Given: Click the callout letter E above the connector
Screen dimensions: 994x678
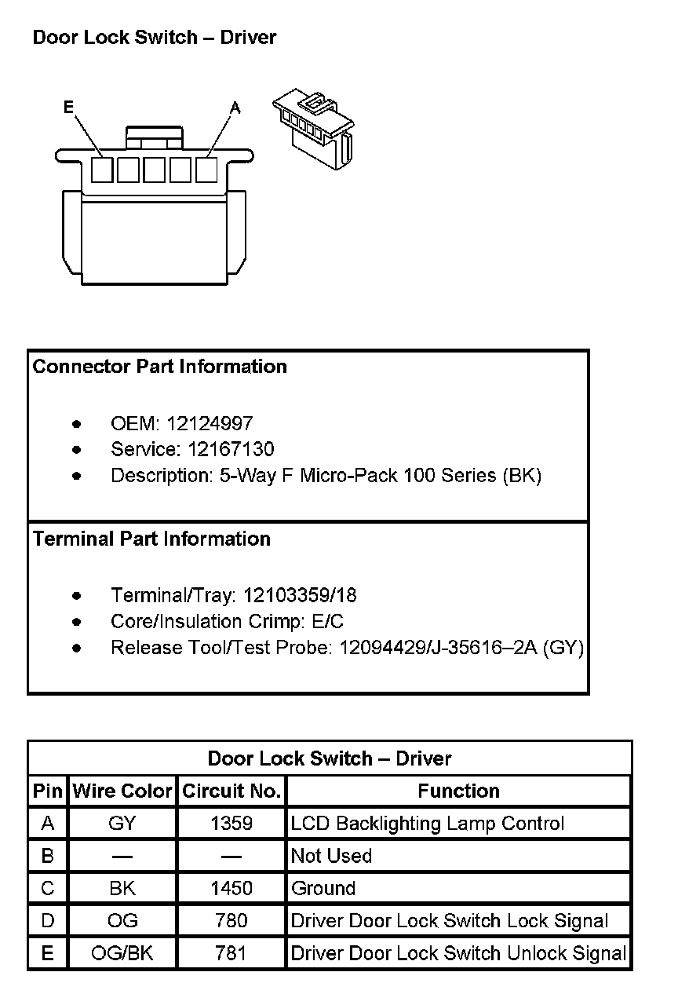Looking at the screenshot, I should click(x=69, y=108).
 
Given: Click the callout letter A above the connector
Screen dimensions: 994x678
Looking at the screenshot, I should click(x=235, y=108).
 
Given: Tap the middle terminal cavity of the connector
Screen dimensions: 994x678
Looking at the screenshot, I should click(x=155, y=170).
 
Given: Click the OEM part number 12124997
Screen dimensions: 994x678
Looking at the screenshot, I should click(x=210, y=424).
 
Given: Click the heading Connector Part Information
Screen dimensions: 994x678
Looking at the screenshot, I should click(x=160, y=367).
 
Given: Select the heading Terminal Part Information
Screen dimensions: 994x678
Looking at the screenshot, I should click(x=151, y=539).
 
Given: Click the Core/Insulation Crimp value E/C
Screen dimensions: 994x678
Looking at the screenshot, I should click(x=325, y=621).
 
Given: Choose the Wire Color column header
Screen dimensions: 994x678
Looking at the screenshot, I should click(x=122, y=791).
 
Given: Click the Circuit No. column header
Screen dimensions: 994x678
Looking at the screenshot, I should click(x=231, y=791).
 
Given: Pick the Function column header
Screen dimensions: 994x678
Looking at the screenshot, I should click(x=458, y=791).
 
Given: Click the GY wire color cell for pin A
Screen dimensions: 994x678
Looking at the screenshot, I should click(x=122, y=824).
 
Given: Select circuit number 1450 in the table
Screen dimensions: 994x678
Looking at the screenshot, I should click(x=231, y=888).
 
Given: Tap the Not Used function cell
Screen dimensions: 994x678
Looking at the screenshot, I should click(x=331, y=856).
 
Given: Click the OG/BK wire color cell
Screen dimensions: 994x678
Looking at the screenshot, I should click(x=122, y=953).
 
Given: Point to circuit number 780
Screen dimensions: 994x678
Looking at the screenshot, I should click(x=231, y=920).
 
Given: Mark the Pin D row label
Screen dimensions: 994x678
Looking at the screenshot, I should click(x=48, y=920).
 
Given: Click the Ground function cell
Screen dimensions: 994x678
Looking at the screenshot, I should click(x=323, y=888).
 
